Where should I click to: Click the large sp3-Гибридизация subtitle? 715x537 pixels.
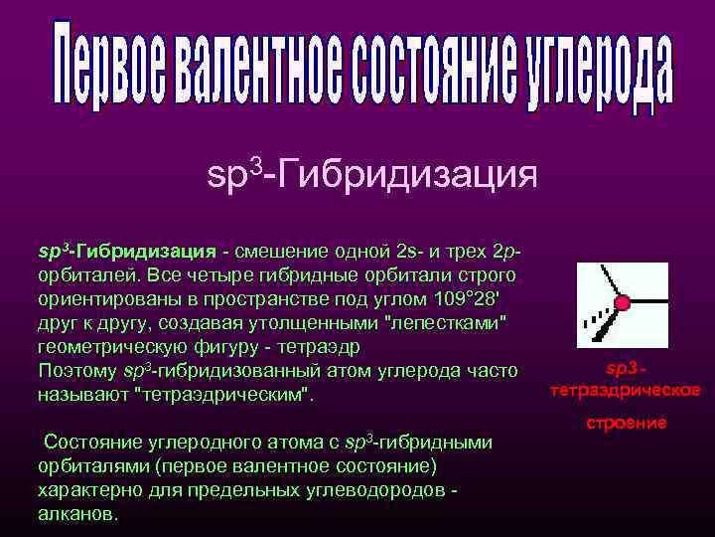[x=372, y=175]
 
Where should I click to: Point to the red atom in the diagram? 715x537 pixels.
[x=623, y=301]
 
